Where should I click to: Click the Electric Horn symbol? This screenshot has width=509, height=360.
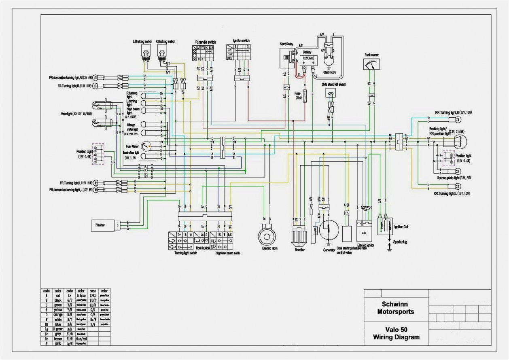(x=267, y=234)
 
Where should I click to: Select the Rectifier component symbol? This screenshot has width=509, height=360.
(x=300, y=237)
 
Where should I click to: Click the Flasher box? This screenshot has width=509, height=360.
(x=103, y=224)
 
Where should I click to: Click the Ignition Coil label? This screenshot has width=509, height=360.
(x=401, y=227)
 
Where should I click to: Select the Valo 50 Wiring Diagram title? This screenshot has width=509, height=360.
(x=396, y=334)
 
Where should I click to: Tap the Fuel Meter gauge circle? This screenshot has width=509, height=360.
(x=146, y=146)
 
